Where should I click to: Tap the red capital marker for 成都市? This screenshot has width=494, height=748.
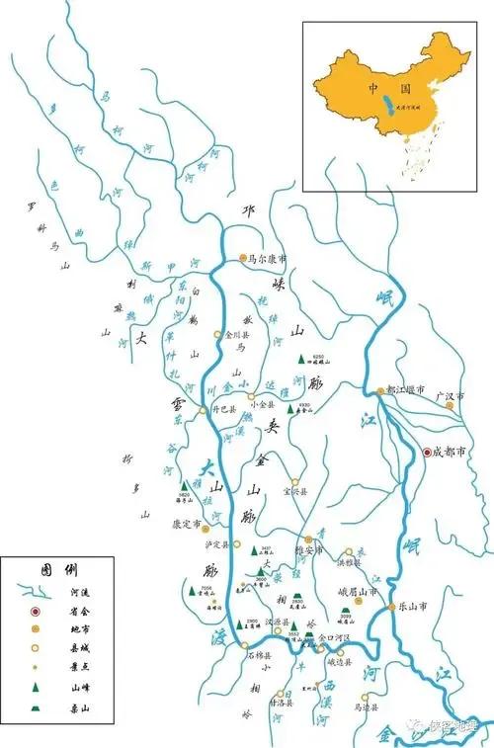[428, 453]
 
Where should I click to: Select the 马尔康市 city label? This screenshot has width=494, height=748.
[268, 259]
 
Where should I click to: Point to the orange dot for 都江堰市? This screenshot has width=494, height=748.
[380, 391]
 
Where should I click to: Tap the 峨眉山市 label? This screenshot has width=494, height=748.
[359, 591]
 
